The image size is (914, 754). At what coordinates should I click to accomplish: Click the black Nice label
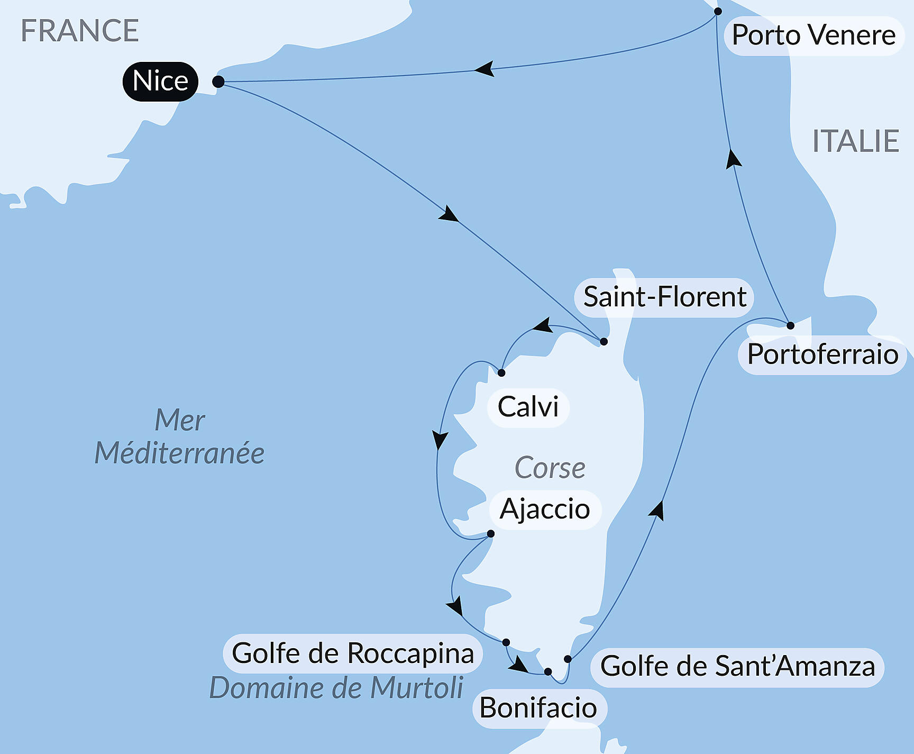160,81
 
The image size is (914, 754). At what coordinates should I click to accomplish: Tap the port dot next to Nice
218,82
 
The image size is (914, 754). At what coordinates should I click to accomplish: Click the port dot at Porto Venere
718,11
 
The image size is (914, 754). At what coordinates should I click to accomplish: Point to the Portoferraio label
822,355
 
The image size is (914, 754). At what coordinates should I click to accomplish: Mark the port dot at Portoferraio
790,325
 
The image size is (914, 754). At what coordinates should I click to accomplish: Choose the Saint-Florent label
664,297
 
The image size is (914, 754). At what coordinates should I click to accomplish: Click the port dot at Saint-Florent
604,342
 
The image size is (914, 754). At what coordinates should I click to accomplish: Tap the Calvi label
528,407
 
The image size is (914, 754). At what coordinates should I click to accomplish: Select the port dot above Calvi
501,373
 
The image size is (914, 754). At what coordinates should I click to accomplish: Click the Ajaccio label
545,510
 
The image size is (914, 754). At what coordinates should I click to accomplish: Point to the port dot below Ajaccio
491,534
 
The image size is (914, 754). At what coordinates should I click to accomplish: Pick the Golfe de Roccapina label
353,653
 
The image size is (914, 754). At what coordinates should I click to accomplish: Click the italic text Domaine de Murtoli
336,688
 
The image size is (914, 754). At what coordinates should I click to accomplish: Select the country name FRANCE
79,31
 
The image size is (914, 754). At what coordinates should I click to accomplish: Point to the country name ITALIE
855,141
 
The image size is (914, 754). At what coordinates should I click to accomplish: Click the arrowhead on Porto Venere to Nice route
484,69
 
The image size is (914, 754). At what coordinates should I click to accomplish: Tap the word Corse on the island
550,468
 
